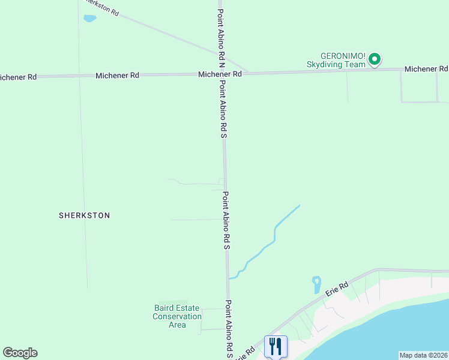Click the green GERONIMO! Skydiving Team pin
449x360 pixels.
point(375,59)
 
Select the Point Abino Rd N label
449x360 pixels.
point(221,38)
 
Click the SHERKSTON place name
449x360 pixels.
point(85,215)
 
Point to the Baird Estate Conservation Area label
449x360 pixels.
point(177,316)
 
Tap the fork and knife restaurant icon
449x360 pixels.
point(276,346)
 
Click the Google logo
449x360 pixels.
point(20,353)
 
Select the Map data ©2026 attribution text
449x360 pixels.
point(423,355)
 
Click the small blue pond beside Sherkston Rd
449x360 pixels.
point(89,19)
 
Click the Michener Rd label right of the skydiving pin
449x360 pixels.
point(426,69)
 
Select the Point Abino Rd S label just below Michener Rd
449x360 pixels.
point(223,109)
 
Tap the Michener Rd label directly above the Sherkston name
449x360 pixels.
point(117,76)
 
